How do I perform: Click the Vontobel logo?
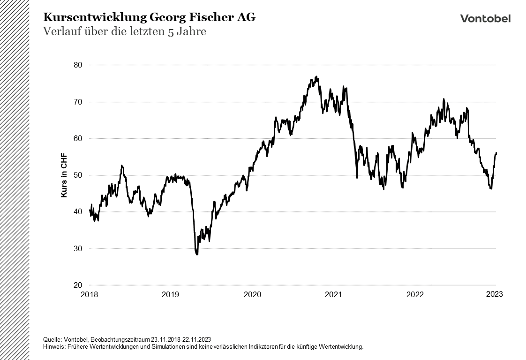[x=485, y=18]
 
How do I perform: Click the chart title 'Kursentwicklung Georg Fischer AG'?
[x=150, y=17]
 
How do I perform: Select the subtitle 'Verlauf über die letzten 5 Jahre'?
[x=125, y=32]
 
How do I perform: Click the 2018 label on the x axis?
[x=89, y=294]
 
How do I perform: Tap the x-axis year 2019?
[x=170, y=294]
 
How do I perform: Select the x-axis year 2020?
[x=252, y=294]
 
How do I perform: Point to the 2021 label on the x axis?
[x=333, y=294]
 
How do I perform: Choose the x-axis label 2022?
[x=415, y=294]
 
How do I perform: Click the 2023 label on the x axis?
[x=495, y=294]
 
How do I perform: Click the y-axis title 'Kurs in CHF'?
[x=64, y=175]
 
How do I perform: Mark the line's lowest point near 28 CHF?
[x=197, y=254]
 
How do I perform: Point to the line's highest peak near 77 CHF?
[x=316, y=76]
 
